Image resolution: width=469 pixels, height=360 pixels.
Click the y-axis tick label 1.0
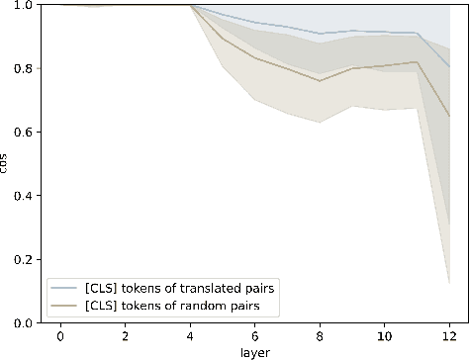pos(20,5)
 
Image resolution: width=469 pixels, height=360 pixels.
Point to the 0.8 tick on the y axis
pos(20,68)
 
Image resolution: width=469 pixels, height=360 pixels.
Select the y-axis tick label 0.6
pos(20,132)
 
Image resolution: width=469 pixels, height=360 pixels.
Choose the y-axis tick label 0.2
pos(20,259)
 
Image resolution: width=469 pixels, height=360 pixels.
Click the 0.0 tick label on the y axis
pos(20,322)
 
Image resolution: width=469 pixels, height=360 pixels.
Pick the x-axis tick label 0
pos(60,336)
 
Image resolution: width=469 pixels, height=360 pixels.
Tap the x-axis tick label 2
pos(125,336)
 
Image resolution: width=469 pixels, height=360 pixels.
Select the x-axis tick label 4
pos(190,336)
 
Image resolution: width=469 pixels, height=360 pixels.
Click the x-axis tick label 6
pos(255,336)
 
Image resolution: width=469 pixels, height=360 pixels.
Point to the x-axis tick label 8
pos(320,336)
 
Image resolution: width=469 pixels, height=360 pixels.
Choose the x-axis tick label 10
pos(385,336)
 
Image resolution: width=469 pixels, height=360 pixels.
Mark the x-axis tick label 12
pos(449,336)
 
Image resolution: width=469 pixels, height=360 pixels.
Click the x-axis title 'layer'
pos(254,351)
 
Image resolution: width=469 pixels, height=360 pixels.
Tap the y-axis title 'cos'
pos(6,164)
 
